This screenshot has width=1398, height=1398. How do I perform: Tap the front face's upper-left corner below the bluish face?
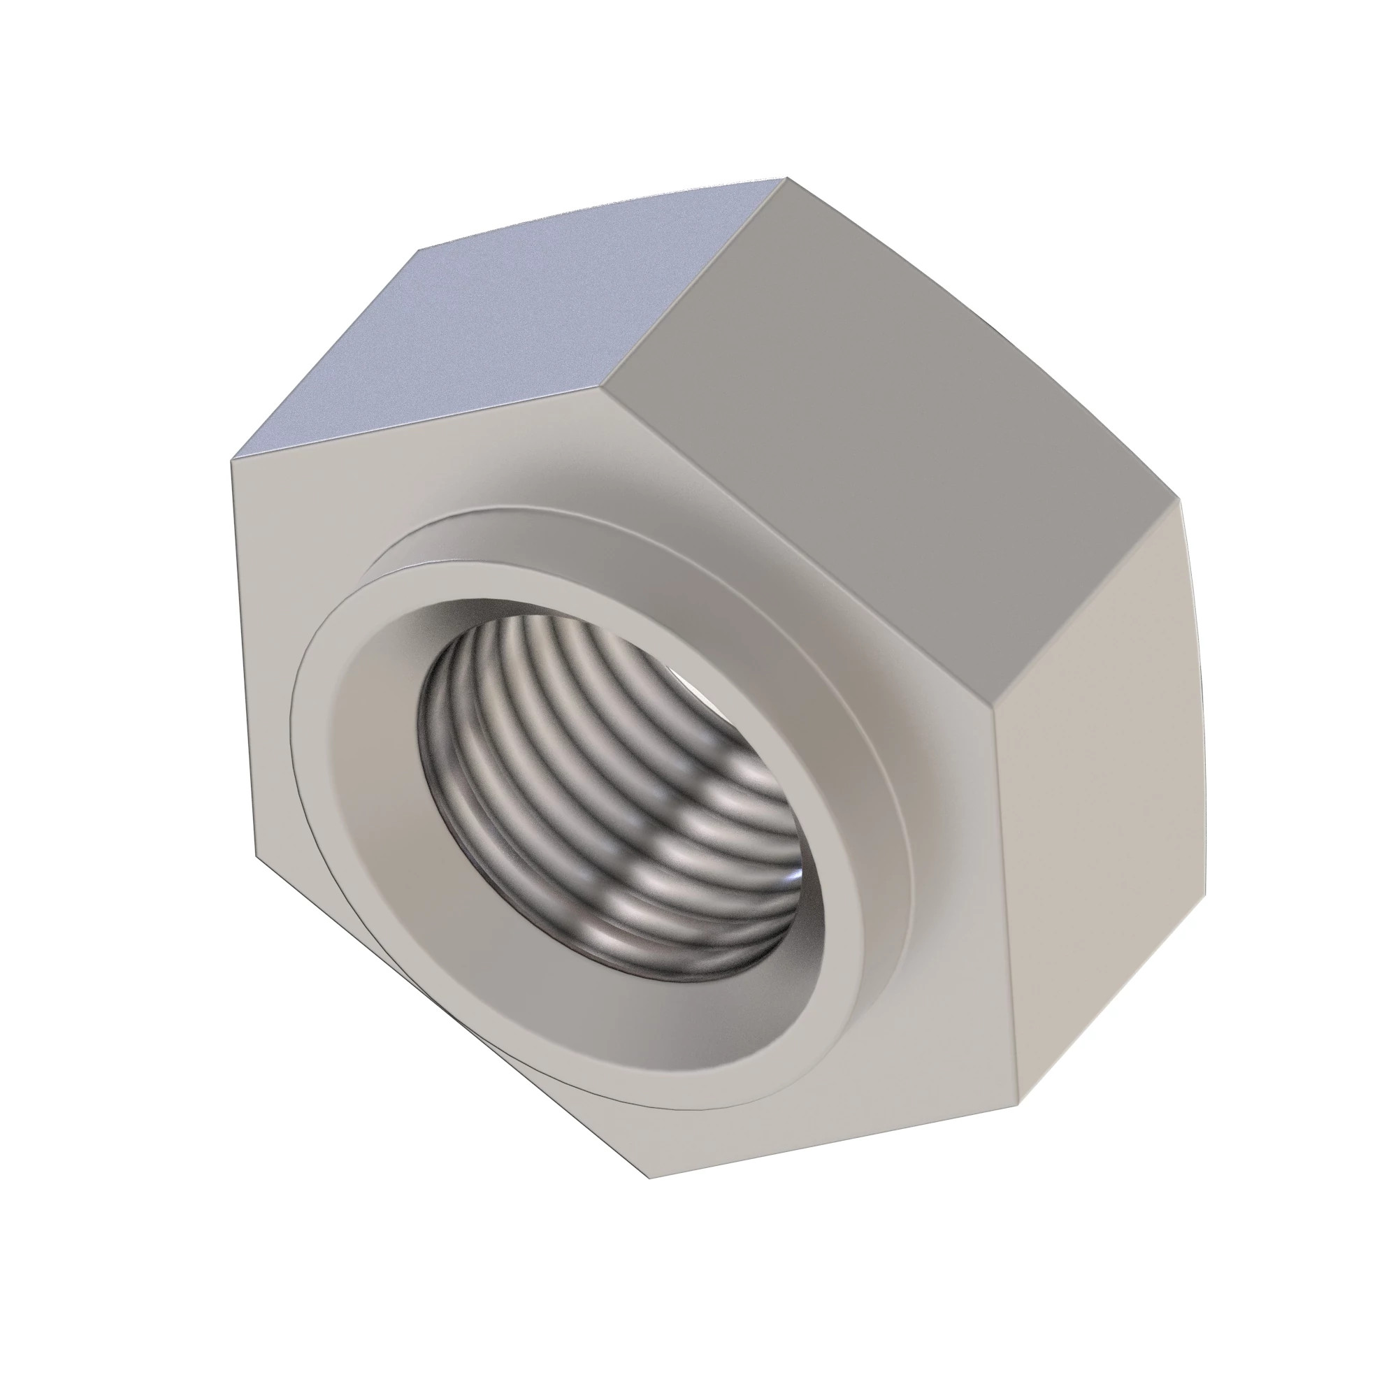click(231, 459)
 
